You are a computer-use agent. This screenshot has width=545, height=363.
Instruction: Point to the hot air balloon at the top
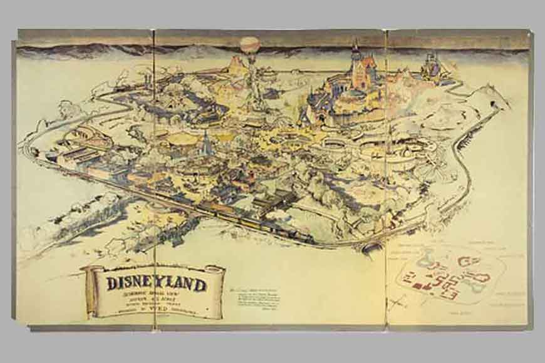(x=249, y=45)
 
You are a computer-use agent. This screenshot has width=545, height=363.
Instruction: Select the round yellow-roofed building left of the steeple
(x=182, y=138)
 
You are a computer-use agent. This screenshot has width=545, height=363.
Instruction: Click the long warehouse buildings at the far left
(x=75, y=153)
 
